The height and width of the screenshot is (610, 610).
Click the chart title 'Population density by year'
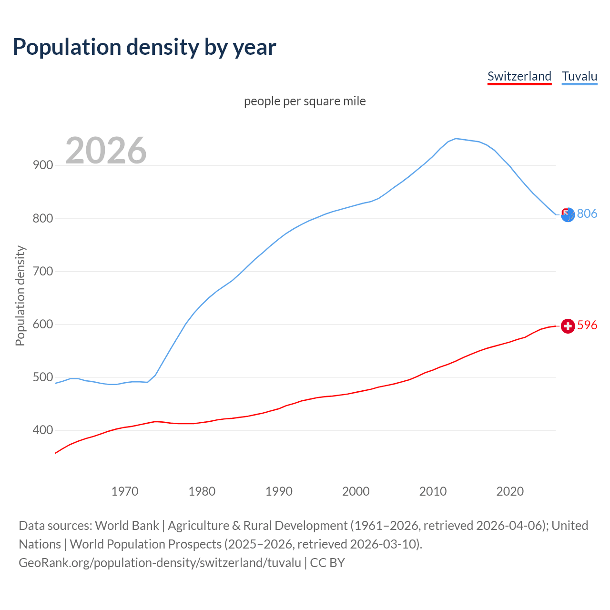pyautogui.click(x=144, y=47)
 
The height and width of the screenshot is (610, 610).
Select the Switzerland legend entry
pyautogui.click(x=519, y=76)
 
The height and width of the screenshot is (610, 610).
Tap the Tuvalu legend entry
pyautogui.click(x=579, y=76)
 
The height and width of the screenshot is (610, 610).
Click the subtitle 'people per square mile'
pyautogui.click(x=305, y=101)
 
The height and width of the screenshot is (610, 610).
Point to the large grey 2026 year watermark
pyautogui.click(x=106, y=151)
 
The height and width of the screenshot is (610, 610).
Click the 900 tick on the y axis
pyautogui.click(x=42, y=165)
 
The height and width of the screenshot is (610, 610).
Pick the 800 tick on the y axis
pyautogui.click(x=42, y=218)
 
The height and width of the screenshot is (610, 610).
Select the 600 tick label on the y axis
pyautogui.click(x=42, y=324)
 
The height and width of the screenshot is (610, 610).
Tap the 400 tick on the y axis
pyautogui.click(x=42, y=430)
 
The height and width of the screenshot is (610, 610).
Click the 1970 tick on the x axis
pyautogui.click(x=125, y=491)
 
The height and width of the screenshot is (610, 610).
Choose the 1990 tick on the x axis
pyautogui.click(x=279, y=491)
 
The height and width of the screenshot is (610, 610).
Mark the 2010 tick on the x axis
pyautogui.click(x=433, y=491)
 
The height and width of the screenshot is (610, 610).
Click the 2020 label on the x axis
pyautogui.click(x=510, y=491)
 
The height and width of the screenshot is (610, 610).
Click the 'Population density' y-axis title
pyautogui.click(x=20, y=295)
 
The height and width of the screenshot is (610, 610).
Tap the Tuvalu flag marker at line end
pyautogui.click(x=567, y=214)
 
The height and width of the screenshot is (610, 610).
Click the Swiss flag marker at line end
pyautogui.click(x=567, y=325)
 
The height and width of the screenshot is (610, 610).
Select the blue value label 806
pyautogui.click(x=587, y=213)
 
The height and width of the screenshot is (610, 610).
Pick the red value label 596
pyautogui.click(x=587, y=325)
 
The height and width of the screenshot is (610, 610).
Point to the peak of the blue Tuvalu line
pyautogui.click(x=456, y=139)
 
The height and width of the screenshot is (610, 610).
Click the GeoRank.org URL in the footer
pyautogui.click(x=160, y=562)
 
